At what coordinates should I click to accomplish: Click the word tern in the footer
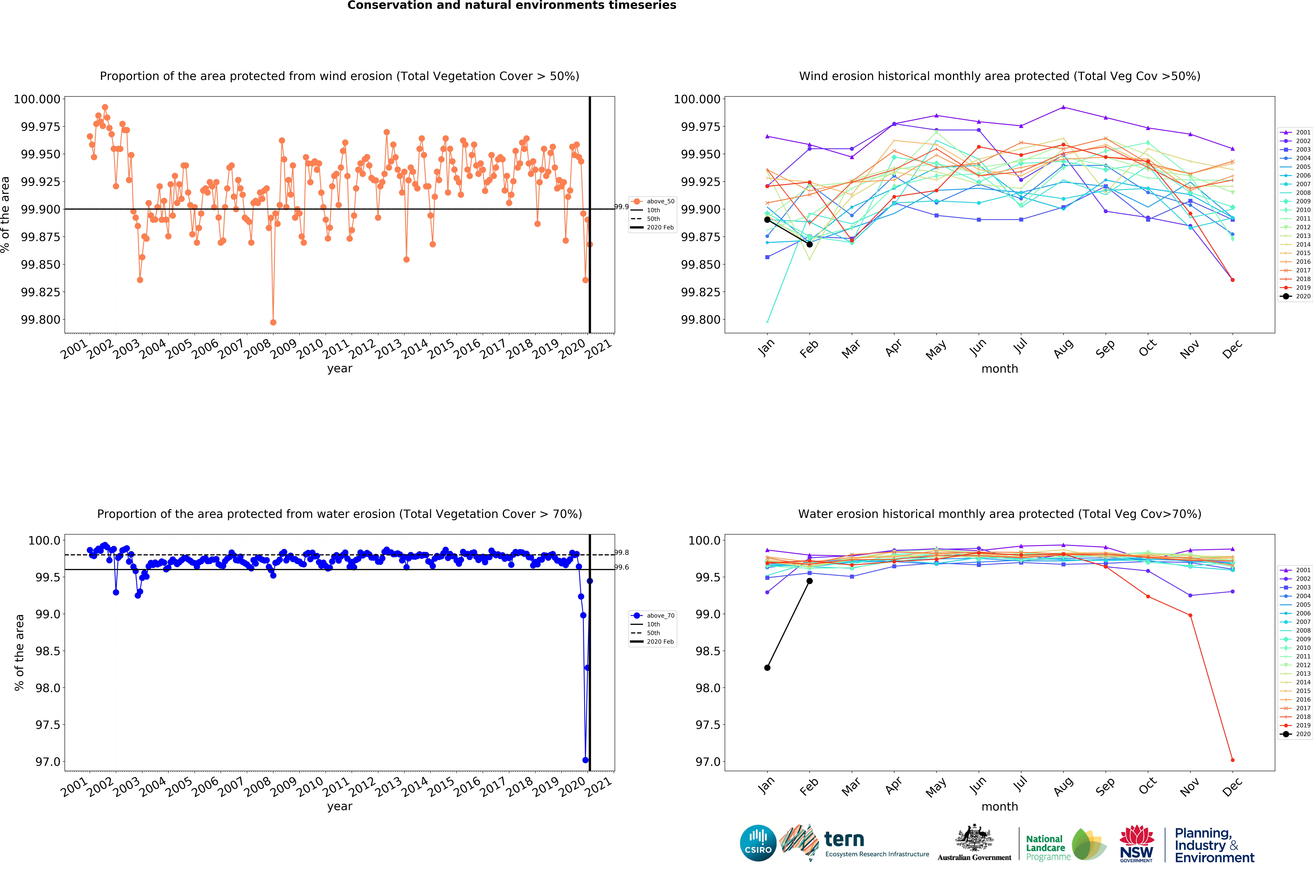(844, 840)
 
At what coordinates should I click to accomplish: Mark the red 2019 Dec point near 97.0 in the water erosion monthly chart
(1232, 760)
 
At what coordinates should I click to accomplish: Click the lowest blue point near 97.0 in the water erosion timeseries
(585, 760)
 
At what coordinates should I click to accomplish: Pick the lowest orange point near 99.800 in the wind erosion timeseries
(273, 322)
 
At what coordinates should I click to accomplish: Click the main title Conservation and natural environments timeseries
(512, 6)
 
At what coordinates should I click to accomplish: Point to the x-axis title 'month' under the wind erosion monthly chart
(1000, 369)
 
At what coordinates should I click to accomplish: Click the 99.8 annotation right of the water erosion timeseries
(622, 553)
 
